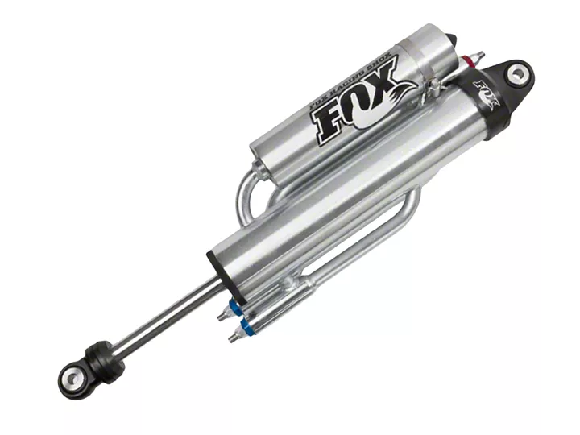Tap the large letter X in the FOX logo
381,79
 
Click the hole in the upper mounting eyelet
517,74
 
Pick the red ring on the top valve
469,60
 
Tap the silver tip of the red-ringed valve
479,55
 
